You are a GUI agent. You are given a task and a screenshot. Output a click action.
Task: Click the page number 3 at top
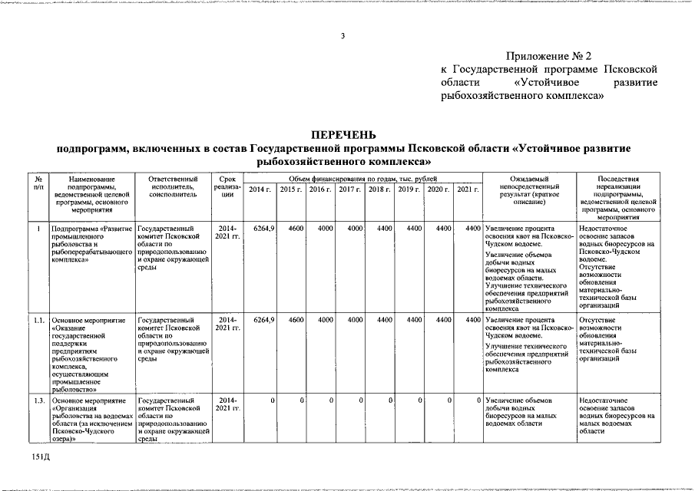343,36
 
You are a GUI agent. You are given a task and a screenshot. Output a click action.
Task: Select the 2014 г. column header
260,189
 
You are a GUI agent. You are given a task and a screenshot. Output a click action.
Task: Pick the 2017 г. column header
350,189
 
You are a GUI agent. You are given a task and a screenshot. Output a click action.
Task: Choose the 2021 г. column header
468,189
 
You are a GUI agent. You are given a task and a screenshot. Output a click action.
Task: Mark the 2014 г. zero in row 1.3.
273,401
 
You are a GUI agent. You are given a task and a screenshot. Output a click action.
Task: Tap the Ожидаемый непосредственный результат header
529,188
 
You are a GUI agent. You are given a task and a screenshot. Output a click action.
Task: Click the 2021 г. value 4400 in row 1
473,228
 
